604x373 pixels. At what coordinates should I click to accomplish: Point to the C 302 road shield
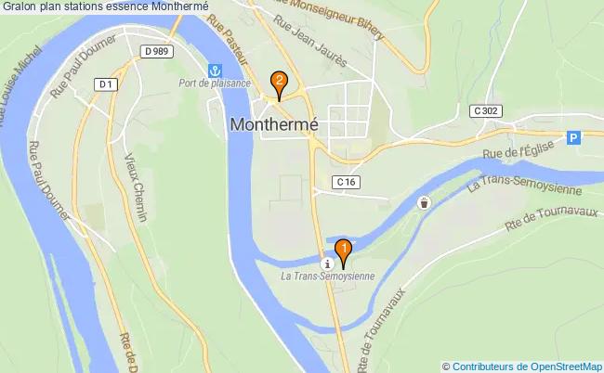click(487, 110)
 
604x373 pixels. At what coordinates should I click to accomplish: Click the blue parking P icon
click(573, 137)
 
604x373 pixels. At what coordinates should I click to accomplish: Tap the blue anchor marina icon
click(216, 70)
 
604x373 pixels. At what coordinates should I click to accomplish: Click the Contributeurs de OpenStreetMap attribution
click(523, 366)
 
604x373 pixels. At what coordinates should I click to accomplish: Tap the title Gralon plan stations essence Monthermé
click(105, 6)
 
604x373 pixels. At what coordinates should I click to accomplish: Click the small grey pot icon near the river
click(425, 203)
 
